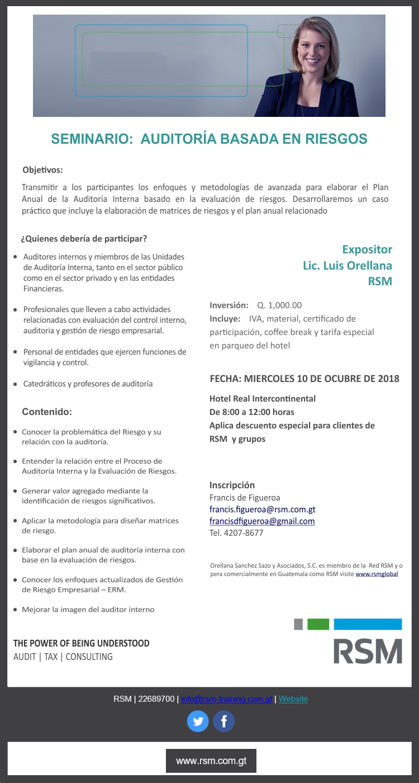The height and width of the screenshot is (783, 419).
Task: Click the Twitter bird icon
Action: tap(198, 721)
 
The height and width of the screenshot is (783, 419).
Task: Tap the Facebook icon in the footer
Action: tap(224, 721)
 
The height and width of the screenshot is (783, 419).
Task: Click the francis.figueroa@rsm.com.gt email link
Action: tap(262, 510)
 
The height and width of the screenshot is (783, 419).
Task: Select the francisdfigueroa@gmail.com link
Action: tap(262, 521)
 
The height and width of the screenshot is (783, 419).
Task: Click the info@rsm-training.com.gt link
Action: tap(226, 699)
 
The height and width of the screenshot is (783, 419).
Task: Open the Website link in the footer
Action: tap(293, 699)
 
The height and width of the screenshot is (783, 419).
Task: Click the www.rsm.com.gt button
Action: tap(211, 761)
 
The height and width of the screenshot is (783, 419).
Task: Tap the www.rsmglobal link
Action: tap(377, 574)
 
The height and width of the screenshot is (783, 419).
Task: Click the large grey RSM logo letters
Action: tap(368, 650)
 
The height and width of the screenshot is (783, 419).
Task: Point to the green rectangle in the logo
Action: tap(318, 624)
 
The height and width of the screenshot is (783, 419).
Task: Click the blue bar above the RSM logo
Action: tap(368, 624)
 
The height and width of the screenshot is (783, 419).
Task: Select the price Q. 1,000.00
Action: tap(279, 305)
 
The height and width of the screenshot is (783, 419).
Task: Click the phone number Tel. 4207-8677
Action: tap(236, 533)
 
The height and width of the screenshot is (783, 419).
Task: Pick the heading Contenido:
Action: tap(47, 412)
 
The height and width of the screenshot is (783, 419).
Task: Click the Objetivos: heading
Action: tap(42, 169)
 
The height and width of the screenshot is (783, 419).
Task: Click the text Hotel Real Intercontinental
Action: tap(263, 399)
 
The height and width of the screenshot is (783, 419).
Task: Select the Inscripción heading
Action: tap(232, 485)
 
